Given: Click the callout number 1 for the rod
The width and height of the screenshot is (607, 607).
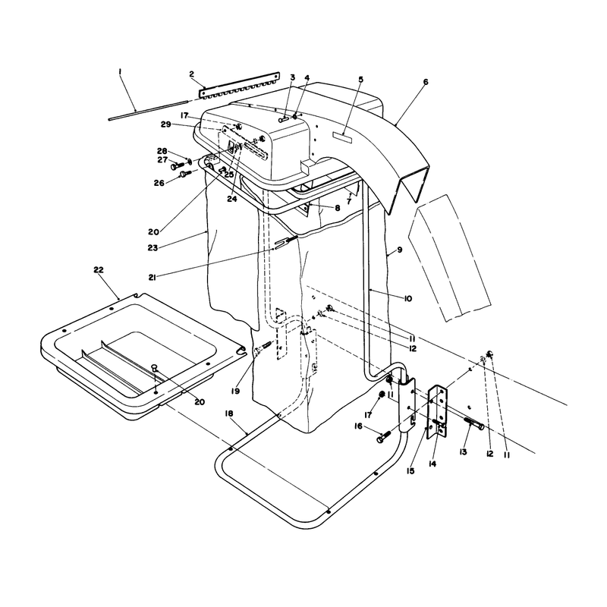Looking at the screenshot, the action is coord(121,72).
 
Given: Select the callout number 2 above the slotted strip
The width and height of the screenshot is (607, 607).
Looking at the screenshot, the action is coord(192,74).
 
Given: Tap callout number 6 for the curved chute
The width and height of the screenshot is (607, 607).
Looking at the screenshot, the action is coord(426,82).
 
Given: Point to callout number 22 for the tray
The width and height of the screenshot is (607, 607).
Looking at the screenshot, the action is coord(99,270).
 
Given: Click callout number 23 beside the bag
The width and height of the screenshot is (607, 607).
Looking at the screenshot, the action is coord(153,247).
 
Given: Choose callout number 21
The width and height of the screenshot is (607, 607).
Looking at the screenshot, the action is coord(153,277).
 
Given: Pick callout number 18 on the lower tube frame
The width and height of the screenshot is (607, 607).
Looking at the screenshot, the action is coord(229,414).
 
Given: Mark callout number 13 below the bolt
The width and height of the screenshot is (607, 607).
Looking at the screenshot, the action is coord(463,451).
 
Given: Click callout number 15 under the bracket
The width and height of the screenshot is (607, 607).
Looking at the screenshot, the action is coord(410,470).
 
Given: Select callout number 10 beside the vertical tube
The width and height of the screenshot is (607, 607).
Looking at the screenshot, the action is coord(408,298).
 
